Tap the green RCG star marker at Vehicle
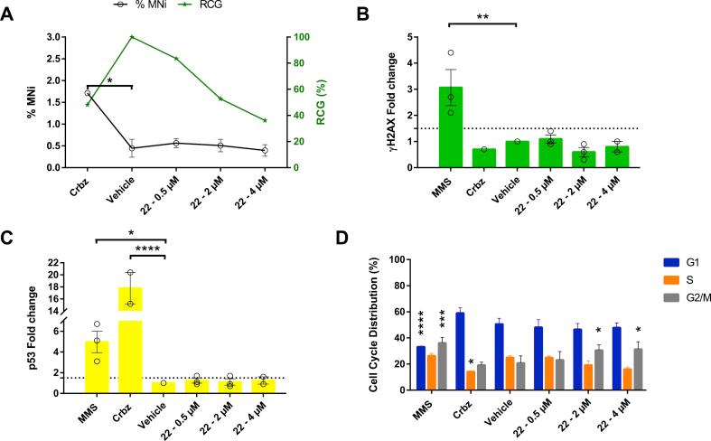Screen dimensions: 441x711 click(x=132, y=37)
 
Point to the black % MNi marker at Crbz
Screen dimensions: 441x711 click(x=88, y=93)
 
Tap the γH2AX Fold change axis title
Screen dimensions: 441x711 click(x=390, y=102)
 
